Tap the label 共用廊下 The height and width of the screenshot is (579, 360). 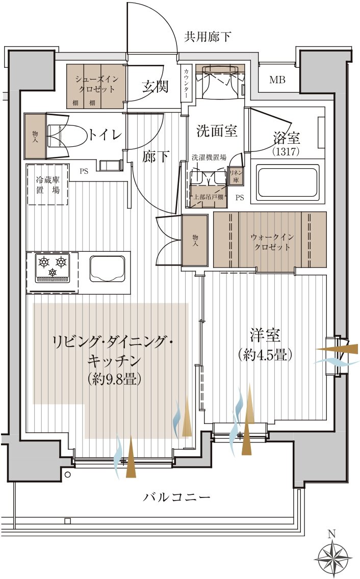pyautogui.click(x=208, y=36)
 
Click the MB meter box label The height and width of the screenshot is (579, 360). pyautogui.click(x=277, y=80)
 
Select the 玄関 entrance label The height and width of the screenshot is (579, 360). pyautogui.click(x=155, y=87)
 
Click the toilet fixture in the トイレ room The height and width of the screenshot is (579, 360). pyautogui.click(x=60, y=135)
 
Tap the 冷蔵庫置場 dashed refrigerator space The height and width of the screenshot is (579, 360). pyautogui.click(x=47, y=184)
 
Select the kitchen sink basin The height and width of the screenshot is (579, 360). pyautogui.click(x=108, y=268)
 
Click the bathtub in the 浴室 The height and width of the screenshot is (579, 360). pyautogui.click(x=285, y=181)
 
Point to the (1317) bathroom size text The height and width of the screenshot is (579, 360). pyautogui.click(x=286, y=151)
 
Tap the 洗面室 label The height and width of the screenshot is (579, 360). pyautogui.click(x=217, y=131)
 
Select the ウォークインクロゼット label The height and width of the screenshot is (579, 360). pyautogui.click(x=270, y=242)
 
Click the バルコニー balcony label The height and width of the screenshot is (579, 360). pyautogui.click(x=176, y=497)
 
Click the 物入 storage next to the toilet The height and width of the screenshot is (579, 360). pyautogui.click(x=35, y=136)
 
